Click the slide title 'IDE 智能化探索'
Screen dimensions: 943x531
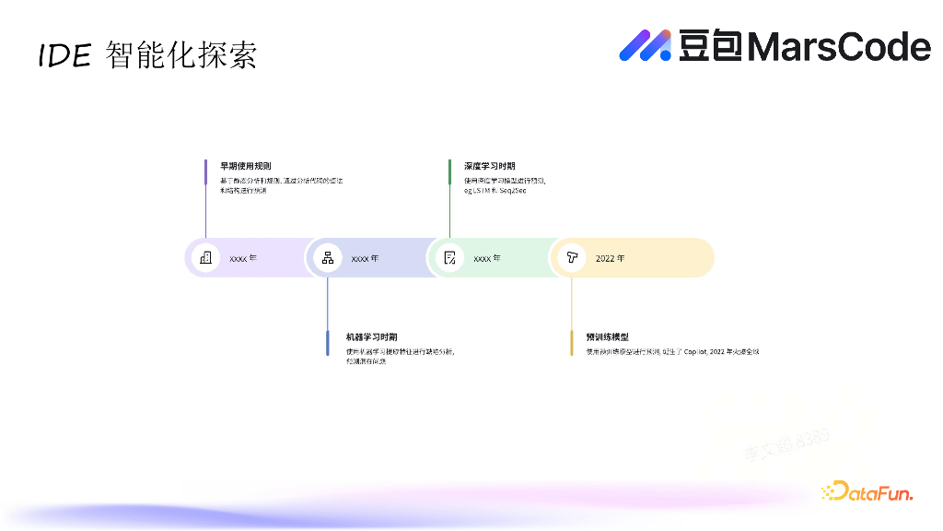tap(147, 55)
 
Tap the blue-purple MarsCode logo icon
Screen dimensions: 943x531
tap(646, 45)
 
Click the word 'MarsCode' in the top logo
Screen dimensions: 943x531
tap(839, 46)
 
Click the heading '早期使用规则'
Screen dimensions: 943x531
tap(245, 166)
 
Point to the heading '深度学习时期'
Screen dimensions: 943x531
tap(489, 166)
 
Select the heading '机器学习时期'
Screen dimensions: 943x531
tap(371, 337)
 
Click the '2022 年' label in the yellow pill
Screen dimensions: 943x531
tap(610, 258)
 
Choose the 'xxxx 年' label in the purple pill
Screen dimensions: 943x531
tap(243, 258)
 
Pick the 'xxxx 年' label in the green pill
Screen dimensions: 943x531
tap(487, 258)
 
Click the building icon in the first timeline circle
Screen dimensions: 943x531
tap(205, 258)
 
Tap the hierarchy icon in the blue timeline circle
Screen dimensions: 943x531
tap(327, 258)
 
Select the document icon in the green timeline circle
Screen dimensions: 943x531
tap(449, 258)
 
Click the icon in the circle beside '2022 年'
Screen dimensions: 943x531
tap(571, 258)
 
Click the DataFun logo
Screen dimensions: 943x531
tap(867, 492)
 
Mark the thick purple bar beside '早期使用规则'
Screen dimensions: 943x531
tap(205, 171)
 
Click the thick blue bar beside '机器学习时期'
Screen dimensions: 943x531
tap(327, 342)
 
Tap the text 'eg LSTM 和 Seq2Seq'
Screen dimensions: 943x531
tap(495, 190)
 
